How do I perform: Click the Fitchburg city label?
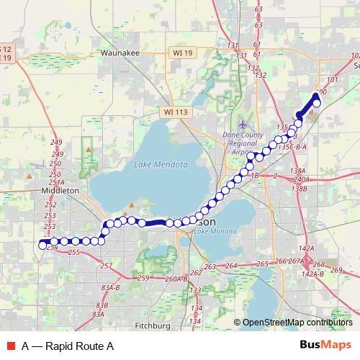pyautogui.click(x=152, y=325)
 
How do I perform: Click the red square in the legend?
pyautogui.click(x=10, y=346)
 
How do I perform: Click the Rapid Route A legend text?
pyautogui.click(x=68, y=346)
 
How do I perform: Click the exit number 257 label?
pyautogui.click(x=107, y=266)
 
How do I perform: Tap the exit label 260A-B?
pyautogui.click(x=176, y=279)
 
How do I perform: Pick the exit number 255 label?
pyautogui.click(x=73, y=253)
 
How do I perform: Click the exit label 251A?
pyautogui.click(x=57, y=183)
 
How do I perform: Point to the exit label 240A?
pyautogui.click(x=301, y=179)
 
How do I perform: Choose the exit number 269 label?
pyautogui.click(x=336, y=270)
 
